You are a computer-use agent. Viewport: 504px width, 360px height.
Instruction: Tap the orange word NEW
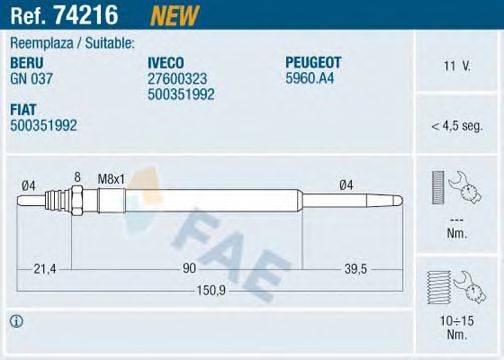point(172,16)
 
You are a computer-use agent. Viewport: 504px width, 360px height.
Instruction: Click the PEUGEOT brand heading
point(317,62)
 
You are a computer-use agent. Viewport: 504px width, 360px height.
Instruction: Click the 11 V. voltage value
point(456,67)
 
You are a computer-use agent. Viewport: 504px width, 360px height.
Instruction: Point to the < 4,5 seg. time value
point(456,127)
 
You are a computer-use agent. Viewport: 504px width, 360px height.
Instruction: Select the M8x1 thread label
point(109,178)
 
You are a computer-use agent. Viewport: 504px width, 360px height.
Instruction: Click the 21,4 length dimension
point(43,268)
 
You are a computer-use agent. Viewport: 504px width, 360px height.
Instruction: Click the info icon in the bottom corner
point(16,321)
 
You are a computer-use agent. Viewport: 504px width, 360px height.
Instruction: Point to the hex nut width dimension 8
point(76,177)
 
